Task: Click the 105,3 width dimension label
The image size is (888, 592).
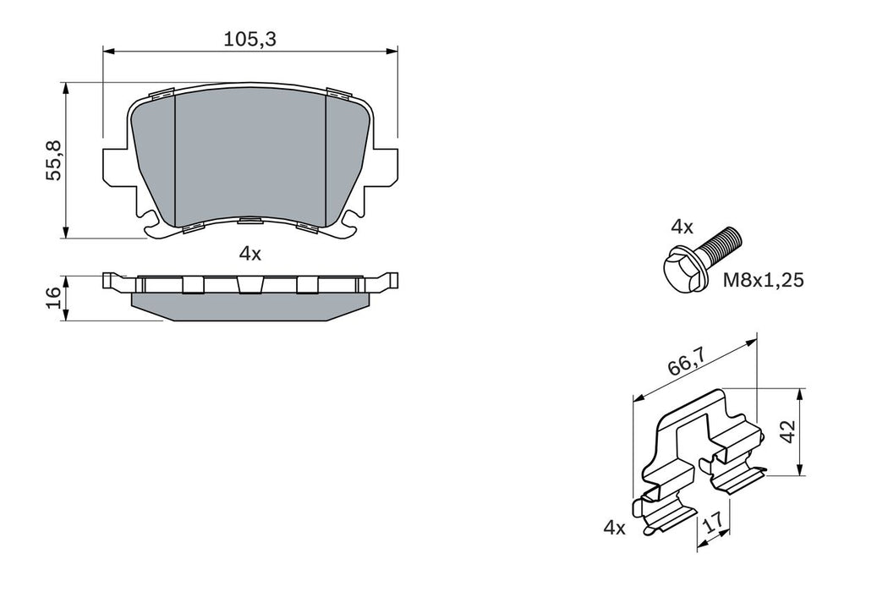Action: tap(250, 38)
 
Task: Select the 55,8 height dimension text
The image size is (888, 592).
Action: tap(53, 161)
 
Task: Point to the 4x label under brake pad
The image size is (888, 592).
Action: tap(250, 253)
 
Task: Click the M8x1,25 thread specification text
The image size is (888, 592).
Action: tap(762, 280)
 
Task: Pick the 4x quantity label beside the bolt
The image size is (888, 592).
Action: tap(682, 227)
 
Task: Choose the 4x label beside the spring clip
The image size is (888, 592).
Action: tap(614, 529)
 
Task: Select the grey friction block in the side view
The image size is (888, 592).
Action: tap(250, 306)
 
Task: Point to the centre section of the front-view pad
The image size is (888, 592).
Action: tap(250, 156)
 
